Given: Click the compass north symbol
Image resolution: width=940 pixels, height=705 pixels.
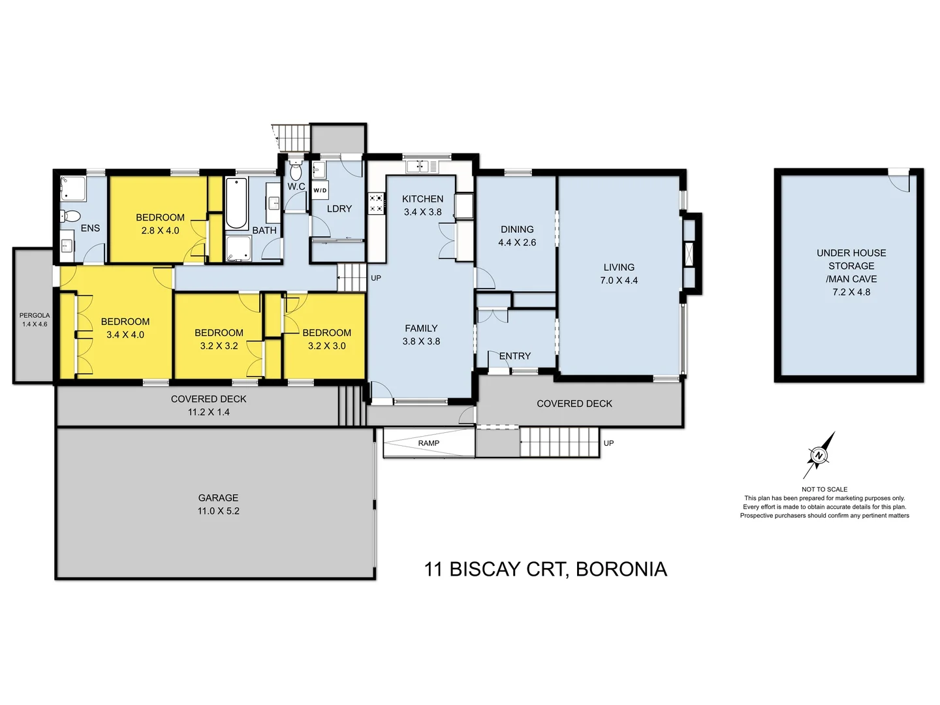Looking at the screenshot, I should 819,455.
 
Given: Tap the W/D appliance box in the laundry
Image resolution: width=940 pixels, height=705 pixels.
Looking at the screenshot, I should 320,191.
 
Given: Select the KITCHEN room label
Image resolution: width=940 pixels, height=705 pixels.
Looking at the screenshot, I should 422,199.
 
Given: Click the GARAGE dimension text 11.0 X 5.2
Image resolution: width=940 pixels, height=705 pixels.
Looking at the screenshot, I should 218,511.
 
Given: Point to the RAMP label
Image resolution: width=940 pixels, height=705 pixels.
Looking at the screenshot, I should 428,443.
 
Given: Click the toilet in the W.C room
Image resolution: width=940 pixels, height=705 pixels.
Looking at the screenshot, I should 296,172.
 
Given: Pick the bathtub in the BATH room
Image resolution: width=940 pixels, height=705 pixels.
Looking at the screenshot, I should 236,202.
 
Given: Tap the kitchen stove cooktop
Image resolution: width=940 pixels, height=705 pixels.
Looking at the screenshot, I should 376,203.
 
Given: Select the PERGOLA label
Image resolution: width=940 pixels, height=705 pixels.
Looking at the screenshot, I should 34,315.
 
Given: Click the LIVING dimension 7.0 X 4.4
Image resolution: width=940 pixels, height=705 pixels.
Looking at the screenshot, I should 619,281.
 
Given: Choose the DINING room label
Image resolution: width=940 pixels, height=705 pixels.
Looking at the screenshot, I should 517,229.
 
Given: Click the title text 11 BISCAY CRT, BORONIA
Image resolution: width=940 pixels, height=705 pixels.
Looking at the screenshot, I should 545,569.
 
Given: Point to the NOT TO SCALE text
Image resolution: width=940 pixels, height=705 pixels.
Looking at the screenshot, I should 824,489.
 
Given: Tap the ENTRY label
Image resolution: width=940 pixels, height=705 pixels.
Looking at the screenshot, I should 515,356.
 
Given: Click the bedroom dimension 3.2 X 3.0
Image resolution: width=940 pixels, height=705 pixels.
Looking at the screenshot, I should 326,346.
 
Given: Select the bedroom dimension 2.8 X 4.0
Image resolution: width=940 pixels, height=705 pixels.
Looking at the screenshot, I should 160,230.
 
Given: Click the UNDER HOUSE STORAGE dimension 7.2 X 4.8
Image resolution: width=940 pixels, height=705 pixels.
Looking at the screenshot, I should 851,292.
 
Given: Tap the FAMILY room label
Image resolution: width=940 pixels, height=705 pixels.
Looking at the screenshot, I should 421,328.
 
